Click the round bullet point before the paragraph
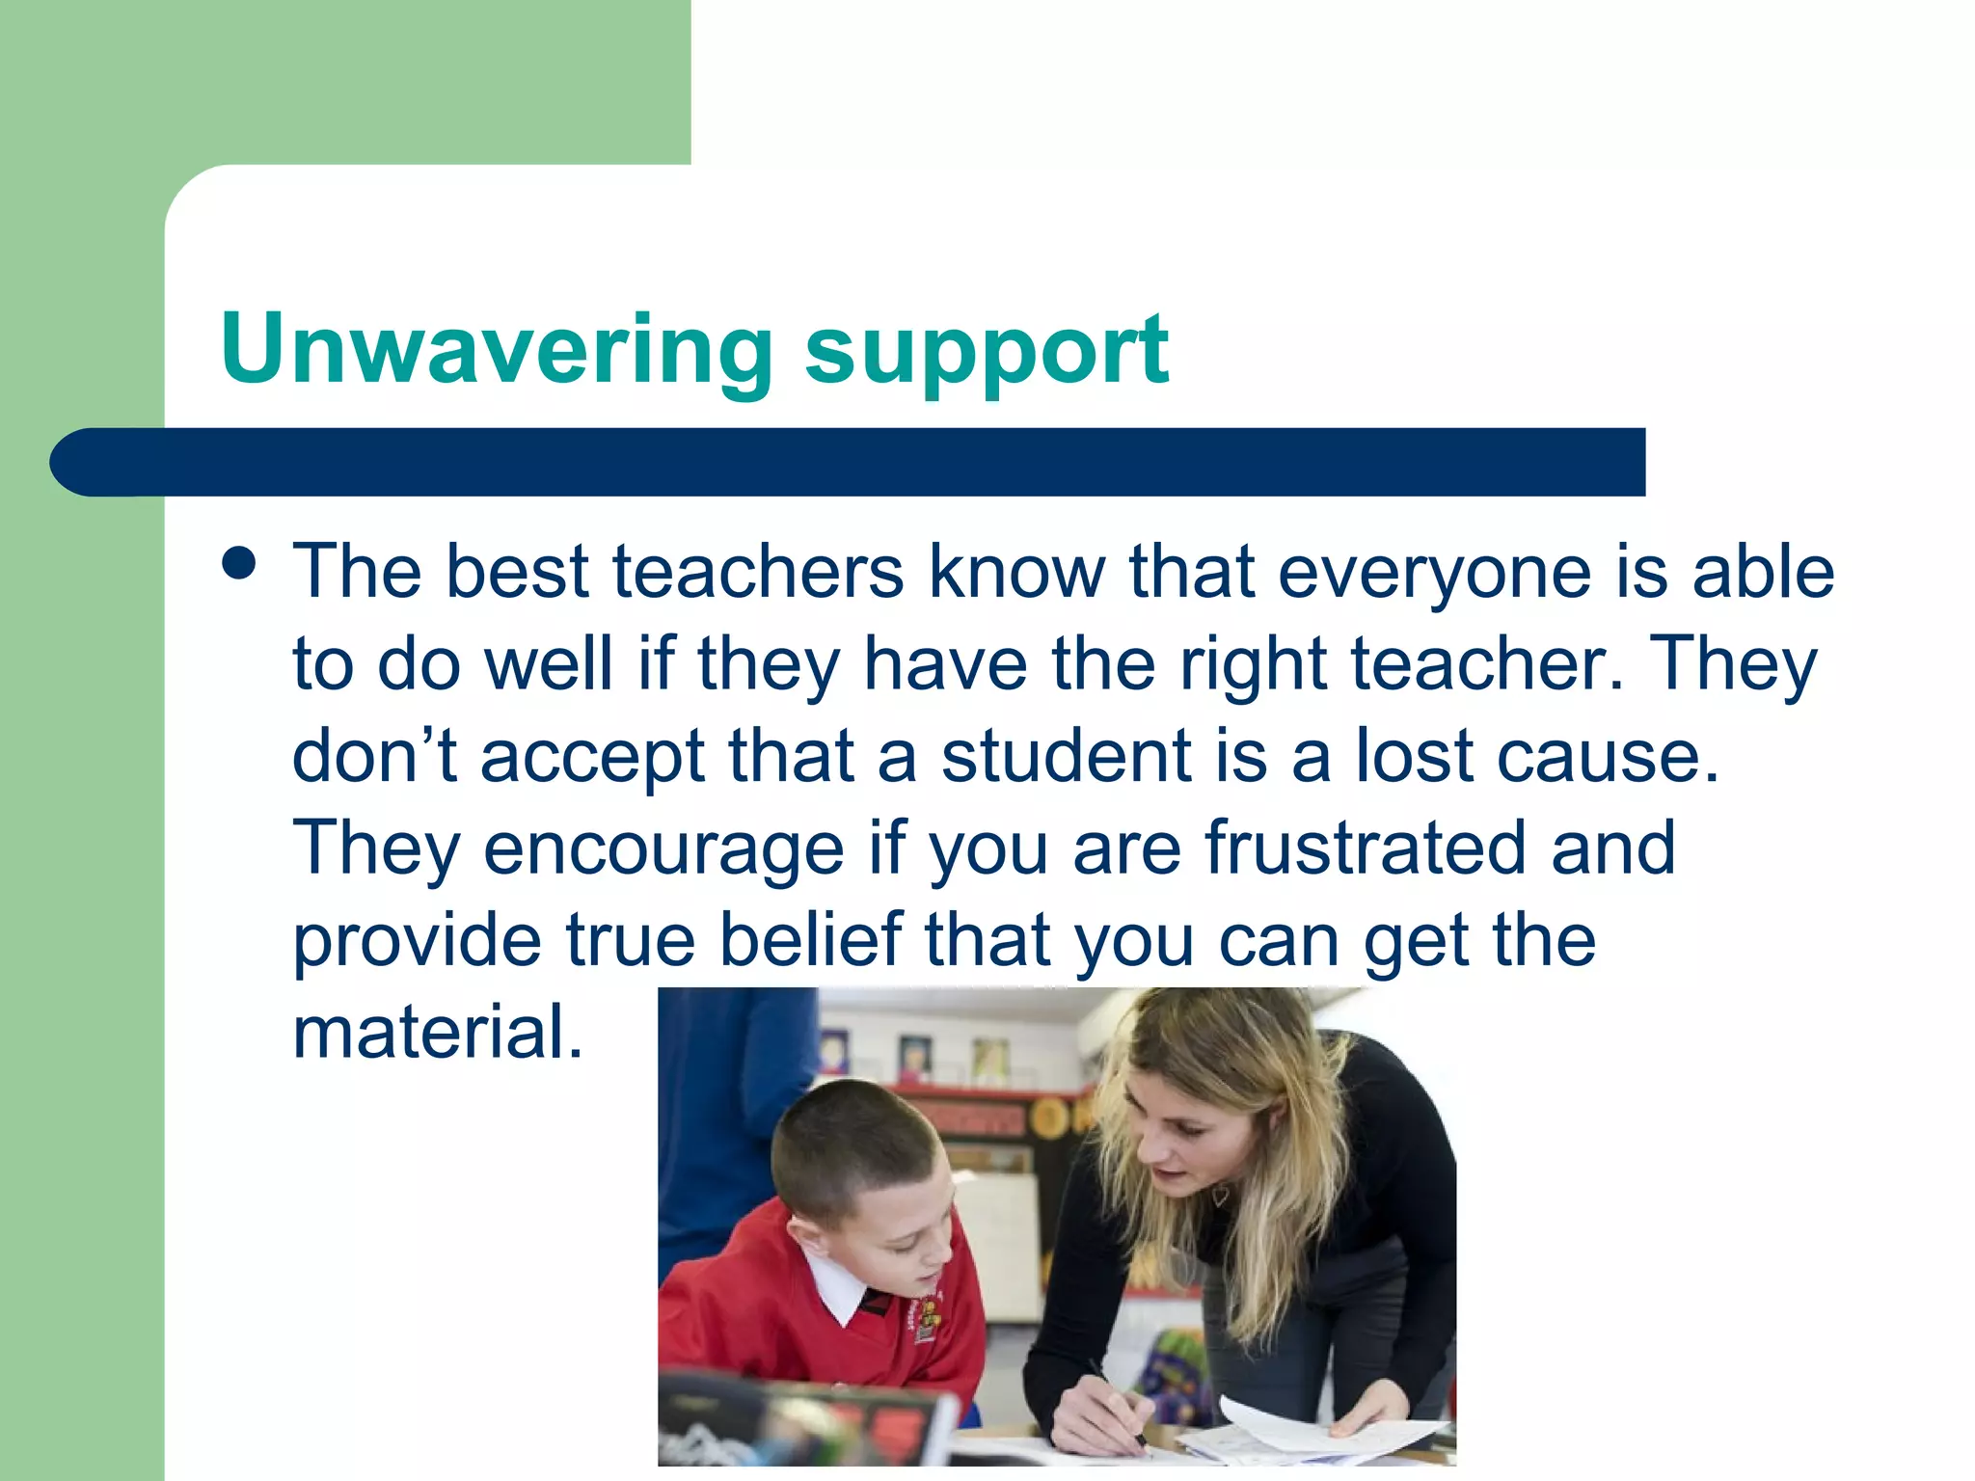coord(238,564)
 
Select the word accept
coord(592,758)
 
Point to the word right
coord(1253,665)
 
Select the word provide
coord(417,940)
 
